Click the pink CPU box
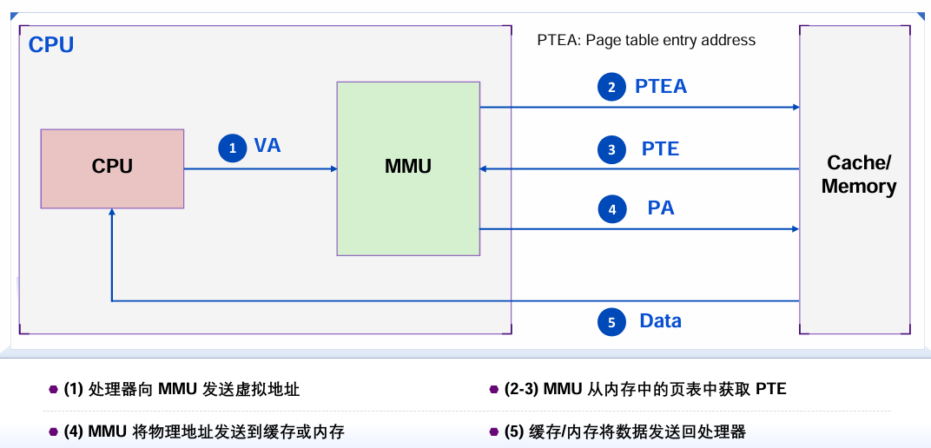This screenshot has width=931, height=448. pos(112,168)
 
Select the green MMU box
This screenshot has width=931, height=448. pos(408,168)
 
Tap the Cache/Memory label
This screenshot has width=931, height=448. pos(858,175)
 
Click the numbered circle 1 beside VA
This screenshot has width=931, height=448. pos(232,148)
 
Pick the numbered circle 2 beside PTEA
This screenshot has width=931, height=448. pos(611,87)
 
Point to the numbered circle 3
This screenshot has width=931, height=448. pos(611,149)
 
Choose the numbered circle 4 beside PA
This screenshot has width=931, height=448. pos(611,209)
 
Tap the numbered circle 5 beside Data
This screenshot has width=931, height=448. pos(611,322)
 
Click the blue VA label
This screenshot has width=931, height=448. pos(267,146)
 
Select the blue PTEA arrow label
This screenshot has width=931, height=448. pos(661,86)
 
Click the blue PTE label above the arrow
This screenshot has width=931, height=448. pos(660,148)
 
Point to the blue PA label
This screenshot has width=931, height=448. pos(661,208)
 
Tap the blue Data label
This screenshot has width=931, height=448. pos(660,320)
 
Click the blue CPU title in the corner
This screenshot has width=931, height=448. pos(51,45)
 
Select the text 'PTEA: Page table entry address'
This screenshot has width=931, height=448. pos(646,40)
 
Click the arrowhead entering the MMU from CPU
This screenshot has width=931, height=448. pos(333,168)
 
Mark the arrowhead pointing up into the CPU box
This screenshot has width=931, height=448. pos(112,213)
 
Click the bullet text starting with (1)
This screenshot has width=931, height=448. pos(182,389)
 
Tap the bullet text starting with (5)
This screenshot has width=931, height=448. pos(624,432)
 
